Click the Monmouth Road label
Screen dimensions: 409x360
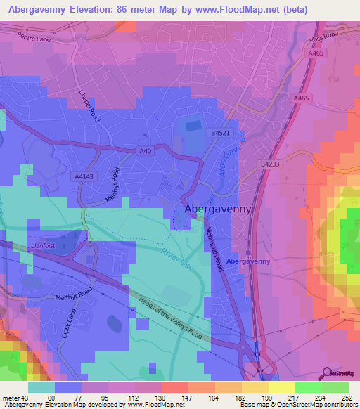click(x=217, y=247)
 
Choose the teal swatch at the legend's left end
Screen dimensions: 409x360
click(x=41, y=387)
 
